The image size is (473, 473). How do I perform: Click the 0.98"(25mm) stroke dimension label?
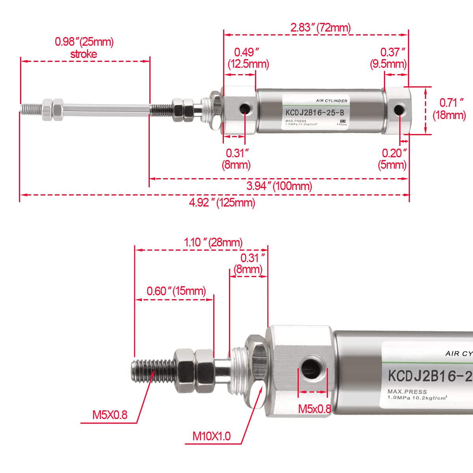pyautogui.click(x=84, y=48)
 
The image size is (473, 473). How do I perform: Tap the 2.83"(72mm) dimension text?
pyautogui.click(x=320, y=27)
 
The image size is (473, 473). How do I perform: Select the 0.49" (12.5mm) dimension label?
pyautogui.click(x=248, y=58)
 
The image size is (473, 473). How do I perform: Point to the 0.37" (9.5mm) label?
pyautogui.click(x=389, y=58)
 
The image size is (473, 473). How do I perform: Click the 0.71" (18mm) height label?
pyautogui.click(x=449, y=109)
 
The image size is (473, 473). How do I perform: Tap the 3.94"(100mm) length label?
pyautogui.click(x=279, y=186)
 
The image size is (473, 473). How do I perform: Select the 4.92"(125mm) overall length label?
pyautogui.click(x=222, y=202)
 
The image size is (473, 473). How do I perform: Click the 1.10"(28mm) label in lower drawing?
pyautogui.click(x=213, y=242)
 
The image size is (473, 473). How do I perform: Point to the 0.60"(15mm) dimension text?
pyautogui.click(x=176, y=291)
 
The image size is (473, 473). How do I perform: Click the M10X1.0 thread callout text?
pyautogui.click(x=211, y=436)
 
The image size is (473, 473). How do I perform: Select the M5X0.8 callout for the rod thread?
pyautogui.click(x=110, y=415)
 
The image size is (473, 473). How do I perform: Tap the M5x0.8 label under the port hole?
pyautogui.click(x=315, y=409)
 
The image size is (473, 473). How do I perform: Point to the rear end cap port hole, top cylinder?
pyautogui.click(x=399, y=110)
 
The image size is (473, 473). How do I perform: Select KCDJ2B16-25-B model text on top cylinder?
pyautogui.click(x=312, y=112)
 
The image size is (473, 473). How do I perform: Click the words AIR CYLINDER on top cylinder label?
pyautogui.click(x=331, y=101)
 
